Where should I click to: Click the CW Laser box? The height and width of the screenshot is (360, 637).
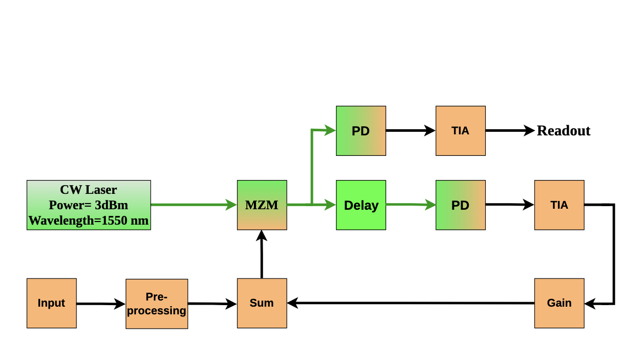(x=89, y=205)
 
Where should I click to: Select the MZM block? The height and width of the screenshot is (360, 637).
(x=262, y=205)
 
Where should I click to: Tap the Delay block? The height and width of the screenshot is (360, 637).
(x=361, y=205)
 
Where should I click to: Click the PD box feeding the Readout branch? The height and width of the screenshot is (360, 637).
(x=361, y=131)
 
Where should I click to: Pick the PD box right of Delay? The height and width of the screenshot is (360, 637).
(x=461, y=205)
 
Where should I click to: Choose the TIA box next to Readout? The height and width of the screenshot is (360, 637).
(x=461, y=131)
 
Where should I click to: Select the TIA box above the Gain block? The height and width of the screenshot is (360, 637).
(x=560, y=205)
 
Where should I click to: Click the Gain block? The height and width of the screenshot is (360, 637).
(x=560, y=303)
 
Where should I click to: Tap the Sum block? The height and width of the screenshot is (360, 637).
(x=262, y=303)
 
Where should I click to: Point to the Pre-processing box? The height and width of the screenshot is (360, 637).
(x=157, y=304)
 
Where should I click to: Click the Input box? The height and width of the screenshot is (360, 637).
(x=51, y=303)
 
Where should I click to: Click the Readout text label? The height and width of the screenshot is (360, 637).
(x=563, y=131)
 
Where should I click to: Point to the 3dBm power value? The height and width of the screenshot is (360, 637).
(x=111, y=205)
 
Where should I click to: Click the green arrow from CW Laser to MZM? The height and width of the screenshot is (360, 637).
(x=194, y=205)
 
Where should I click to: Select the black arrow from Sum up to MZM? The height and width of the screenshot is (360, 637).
(x=262, y=254)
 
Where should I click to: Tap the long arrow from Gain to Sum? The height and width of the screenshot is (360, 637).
(x=411, y=303)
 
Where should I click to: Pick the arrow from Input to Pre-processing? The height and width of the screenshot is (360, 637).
(x=101, y=304)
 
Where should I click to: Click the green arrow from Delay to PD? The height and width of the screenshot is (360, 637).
(x=411, y=205)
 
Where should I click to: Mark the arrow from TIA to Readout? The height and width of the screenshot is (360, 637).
(x=510, y=131)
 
